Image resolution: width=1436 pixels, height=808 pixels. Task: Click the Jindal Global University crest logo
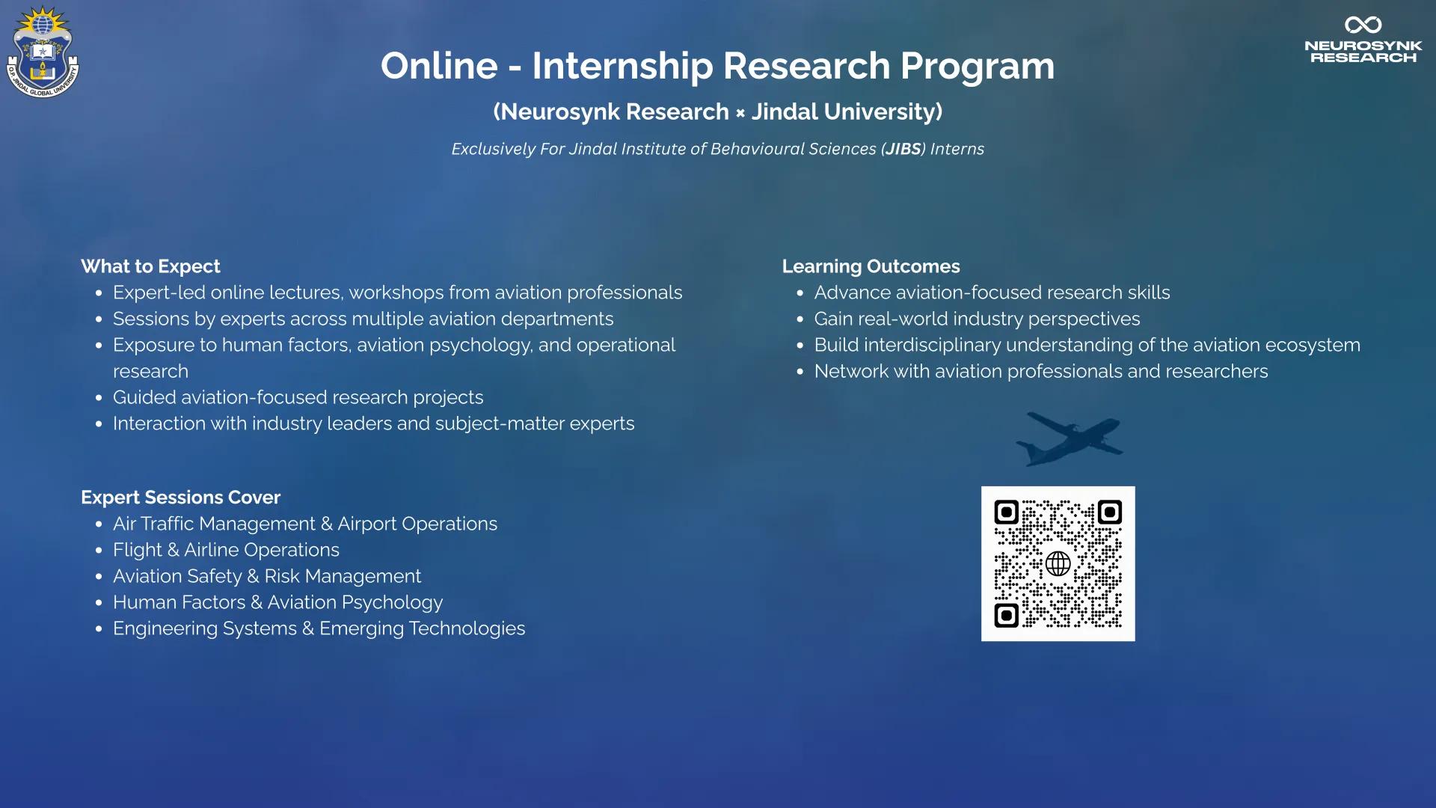pyautogui.click(x=43, y=52)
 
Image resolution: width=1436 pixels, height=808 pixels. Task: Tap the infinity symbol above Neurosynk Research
pyautogui.click(x=1363, y=25)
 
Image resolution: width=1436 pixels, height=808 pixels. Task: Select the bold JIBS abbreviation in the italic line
pyautogui.click(x=903, y=149)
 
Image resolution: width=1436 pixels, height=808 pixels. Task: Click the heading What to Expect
pyautogui.click(x=150, y=266)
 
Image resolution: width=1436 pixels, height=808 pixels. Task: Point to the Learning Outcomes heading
pyautogui.click(x=871, y=266)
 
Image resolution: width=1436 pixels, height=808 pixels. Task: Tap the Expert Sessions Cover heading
pyautogui.click(x=180, y=498)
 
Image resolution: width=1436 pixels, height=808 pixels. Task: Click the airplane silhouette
pyautogui.click(x=1070, y=438)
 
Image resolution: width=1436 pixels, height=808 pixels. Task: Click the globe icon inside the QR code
pyautogui.click(x=1058, y=563)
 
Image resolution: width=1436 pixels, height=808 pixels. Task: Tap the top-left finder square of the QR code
pyautogui.click(x=1007, y=512)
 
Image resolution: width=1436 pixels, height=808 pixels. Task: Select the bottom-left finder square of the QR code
pyautogui.click(x=1007, y=616)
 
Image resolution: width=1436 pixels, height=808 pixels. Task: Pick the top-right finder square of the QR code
pyautogui.click(x=1109, y=512)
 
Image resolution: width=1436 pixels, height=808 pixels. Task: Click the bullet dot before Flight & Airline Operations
pyautogui.click(x=99, y=551)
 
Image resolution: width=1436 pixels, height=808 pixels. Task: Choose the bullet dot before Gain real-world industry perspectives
pyautogui.click(x=800, y=319)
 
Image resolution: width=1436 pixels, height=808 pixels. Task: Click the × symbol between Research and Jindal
pyautogui.click(x=740, y=113)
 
